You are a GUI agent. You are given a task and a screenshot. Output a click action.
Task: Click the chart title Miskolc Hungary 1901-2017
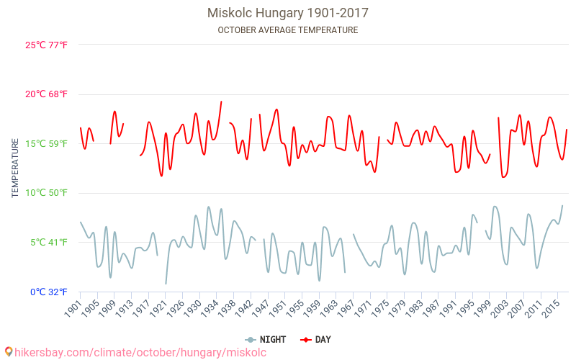[287, 13]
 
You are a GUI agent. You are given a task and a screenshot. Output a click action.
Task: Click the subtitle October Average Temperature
[287, 30]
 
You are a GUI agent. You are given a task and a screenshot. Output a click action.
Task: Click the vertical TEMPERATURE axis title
[15, 168]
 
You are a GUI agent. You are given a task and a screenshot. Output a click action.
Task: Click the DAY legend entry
[317, 339]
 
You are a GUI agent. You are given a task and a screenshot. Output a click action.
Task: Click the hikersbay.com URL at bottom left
[140, 352]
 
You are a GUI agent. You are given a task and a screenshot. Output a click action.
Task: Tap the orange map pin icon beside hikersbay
[8, 352]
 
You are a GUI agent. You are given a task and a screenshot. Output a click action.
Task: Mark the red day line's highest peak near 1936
[221, 102]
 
